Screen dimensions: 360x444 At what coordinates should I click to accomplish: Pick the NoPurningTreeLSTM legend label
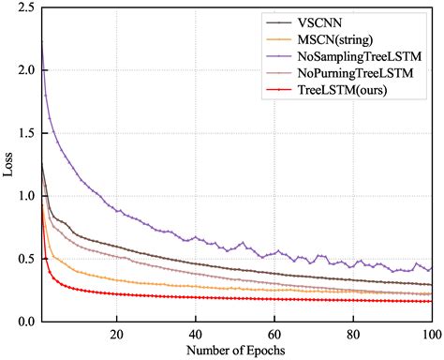[354, 74]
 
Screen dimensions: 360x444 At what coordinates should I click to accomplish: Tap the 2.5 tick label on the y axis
[26, 8]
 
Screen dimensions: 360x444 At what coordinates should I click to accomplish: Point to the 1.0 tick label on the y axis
[26, 196]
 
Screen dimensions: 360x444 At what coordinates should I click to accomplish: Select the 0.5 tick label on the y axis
[26, 259]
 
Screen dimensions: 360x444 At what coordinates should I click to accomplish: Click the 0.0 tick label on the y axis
[26, 322]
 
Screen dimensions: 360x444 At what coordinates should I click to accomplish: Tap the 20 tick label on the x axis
[117, 334]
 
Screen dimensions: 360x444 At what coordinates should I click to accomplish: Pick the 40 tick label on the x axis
[196, 334]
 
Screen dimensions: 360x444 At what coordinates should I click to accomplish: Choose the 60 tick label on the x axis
[274, 334]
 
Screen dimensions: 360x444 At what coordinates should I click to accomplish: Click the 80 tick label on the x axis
[353, 334]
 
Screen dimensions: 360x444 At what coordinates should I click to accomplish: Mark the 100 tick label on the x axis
[429, 334]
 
